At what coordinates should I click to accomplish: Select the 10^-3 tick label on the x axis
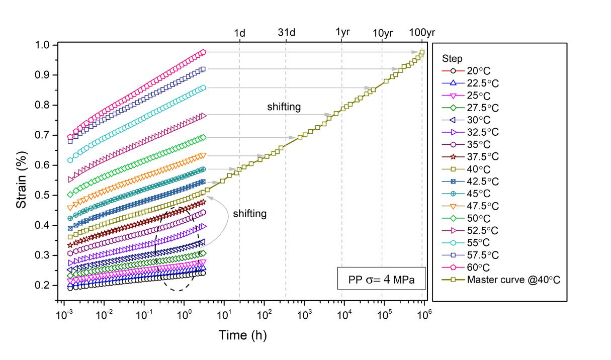click(64, 316)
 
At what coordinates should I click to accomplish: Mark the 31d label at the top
click(286, 33)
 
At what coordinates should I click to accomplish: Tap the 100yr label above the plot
click(422, 33)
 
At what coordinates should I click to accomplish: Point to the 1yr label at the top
click(342, 33)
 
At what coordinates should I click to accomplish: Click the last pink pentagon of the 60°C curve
click(203, 52)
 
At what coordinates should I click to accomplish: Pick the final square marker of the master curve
click(422, 52)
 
